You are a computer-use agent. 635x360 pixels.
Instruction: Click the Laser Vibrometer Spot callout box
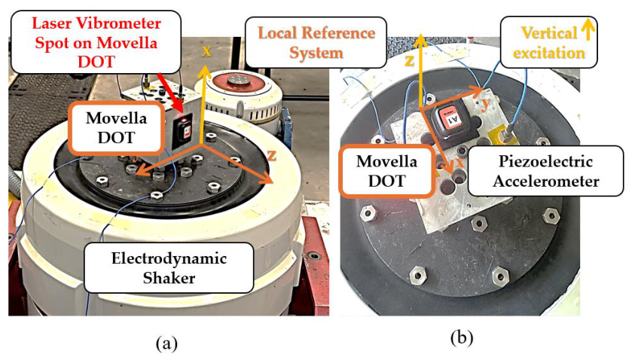click(x=96, y=42)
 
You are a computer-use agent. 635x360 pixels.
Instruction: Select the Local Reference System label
click(x=316, y=42)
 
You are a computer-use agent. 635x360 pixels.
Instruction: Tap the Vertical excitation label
click(x=548, y=42)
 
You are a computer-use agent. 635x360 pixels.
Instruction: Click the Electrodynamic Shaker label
click(x=169, y=267)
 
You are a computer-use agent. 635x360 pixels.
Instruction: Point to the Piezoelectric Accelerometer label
click(x=545, y=171)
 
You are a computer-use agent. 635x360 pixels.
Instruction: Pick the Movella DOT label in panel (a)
click(x=116, y=127)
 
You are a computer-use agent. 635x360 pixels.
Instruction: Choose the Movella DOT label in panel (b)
click(x=386, y=171)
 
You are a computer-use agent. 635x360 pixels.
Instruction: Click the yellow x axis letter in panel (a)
click(x=206, y=51)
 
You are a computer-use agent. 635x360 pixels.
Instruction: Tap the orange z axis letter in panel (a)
click(x=272, y=154)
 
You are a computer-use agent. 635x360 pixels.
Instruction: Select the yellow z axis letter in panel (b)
click(x=410, y=61)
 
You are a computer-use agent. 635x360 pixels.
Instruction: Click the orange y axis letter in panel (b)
click(x=486, y=102)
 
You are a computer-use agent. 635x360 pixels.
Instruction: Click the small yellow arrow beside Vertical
click(x=588, y=30)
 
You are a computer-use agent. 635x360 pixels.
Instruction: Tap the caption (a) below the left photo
click(x=166, y=343)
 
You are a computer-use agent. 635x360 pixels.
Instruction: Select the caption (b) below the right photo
click(x=461, y=337)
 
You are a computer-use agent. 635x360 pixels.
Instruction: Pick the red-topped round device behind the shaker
click(x=237, y=94)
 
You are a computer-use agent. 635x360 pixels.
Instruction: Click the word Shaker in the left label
click(x=169, y=278)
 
